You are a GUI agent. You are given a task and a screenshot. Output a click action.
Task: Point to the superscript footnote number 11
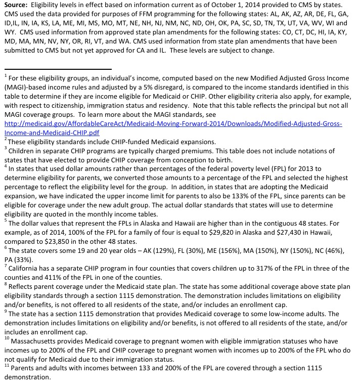click(x=7, y=367)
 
